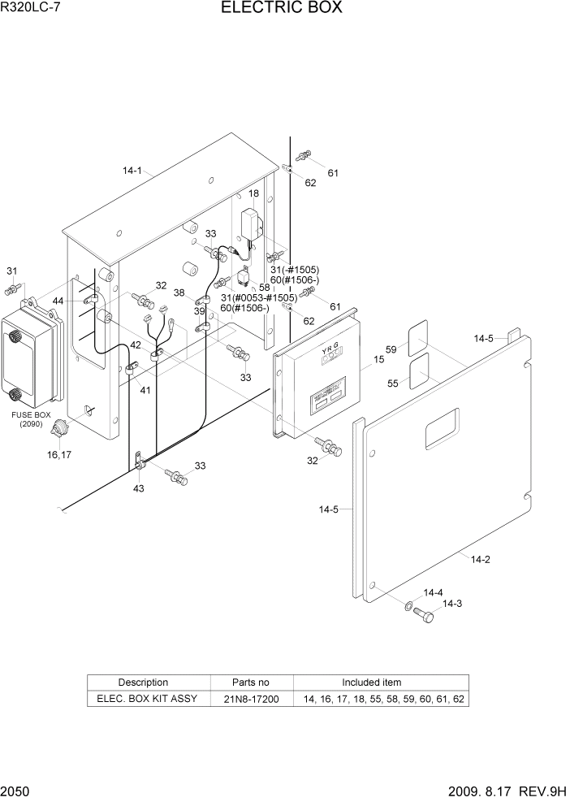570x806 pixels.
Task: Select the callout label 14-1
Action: click(132, 171)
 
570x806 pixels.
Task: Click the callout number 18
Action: click(253, 193)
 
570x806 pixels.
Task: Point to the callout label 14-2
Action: click(481, 559)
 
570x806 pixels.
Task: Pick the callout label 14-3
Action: click(452, 603)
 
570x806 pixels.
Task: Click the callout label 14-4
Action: click(433, 592)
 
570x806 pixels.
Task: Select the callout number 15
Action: click(378, 359)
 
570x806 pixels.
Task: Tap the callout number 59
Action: click(391, 350)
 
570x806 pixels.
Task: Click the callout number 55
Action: click(391, 382)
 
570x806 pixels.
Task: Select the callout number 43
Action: click(138, 487)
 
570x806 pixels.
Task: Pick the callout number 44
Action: click(58, 301)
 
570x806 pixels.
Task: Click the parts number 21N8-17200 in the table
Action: click(251, 699)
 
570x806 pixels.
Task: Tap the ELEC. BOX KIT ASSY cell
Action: click(147, 699)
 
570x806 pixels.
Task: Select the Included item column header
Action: click(371, 682)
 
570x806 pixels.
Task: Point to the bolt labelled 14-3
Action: click(423, 615)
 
